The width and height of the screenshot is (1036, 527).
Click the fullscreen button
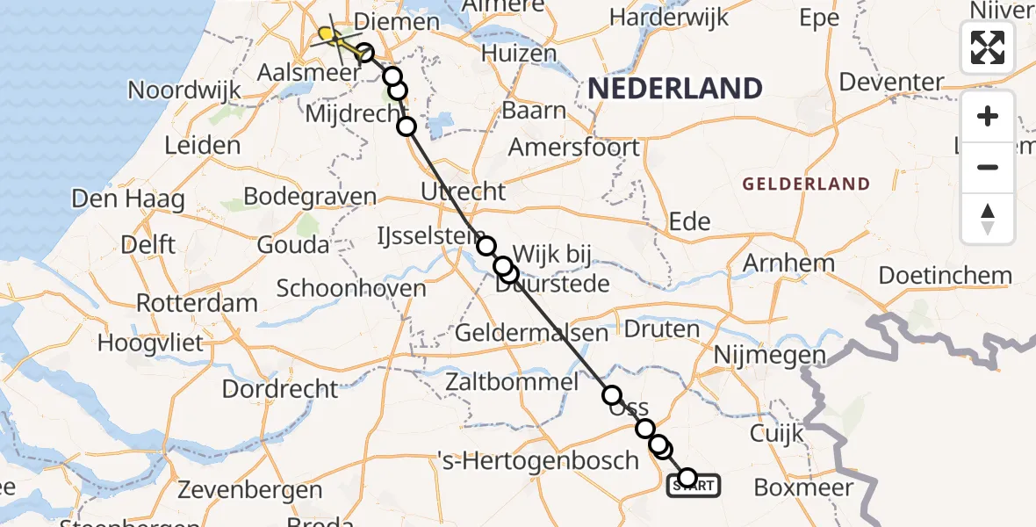point(988,47)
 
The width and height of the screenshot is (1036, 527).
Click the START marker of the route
point(694,484)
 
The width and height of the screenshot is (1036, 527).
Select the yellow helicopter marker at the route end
point(327,35)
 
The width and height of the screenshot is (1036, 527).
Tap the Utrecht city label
point(464,191)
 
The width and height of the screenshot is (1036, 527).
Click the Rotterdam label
point(197,303)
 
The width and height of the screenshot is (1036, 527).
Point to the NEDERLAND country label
point(674,88)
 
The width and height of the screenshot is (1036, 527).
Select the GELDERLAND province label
point(806,184)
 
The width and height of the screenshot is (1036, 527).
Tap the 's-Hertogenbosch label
point(538,459)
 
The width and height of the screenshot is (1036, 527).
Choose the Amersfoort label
point(574,147)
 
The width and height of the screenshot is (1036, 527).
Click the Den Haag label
point(128,199)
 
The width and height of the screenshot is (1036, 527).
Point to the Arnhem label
point(788,263)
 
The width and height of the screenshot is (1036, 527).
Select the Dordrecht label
point(280,388)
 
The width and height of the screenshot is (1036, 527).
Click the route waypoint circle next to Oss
point(611,395)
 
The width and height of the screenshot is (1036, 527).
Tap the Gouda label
point(293,244)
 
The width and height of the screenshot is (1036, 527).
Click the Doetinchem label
point(945,275)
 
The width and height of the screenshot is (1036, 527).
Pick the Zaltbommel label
point(512,381)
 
